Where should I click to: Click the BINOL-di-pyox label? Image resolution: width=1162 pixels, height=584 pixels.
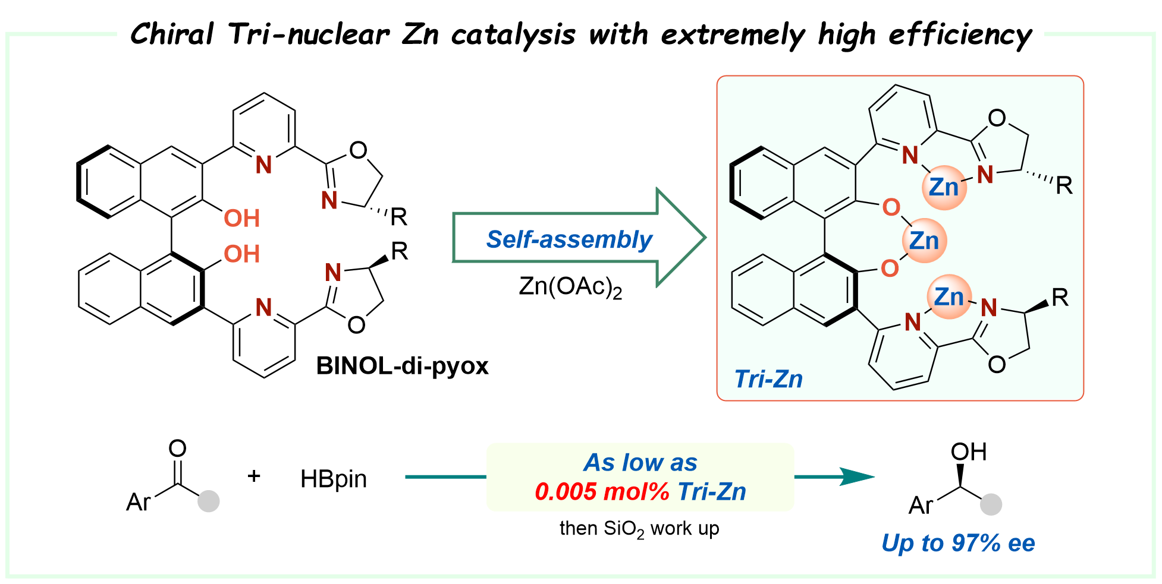(x=402, y=366)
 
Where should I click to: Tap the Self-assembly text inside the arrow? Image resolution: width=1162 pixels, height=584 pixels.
(x=569, y=239)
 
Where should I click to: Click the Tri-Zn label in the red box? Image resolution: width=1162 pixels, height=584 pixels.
(x=768, y=379)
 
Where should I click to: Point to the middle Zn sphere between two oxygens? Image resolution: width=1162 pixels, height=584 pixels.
(x=924, y=241)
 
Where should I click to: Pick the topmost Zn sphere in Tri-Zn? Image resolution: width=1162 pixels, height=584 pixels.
(x=944, y=187)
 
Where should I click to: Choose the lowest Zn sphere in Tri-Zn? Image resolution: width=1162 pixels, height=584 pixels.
(x=949, y=297)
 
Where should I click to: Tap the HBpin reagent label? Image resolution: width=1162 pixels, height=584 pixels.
(x=333, y=479)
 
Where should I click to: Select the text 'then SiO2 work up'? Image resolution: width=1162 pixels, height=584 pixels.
(x=639, y=528)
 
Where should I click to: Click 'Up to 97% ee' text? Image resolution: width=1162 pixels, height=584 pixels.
(x=958, y=543)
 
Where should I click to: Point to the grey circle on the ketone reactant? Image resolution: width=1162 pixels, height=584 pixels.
(x=208, y=501)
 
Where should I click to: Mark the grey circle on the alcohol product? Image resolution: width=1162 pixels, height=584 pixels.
(x=991, y=504)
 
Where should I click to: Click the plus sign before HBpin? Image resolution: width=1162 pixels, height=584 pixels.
(x=254, y=476)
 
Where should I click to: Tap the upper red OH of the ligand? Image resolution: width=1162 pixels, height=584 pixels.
(x=241, y=219)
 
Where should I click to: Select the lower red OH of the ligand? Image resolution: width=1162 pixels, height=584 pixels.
(x=241, y=254)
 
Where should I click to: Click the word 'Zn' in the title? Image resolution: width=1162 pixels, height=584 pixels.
(x=420, y=34)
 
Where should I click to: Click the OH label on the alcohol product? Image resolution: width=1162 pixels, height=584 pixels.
(x=968, y=452)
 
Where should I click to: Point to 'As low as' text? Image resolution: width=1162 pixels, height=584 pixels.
(x=640, y=462)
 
